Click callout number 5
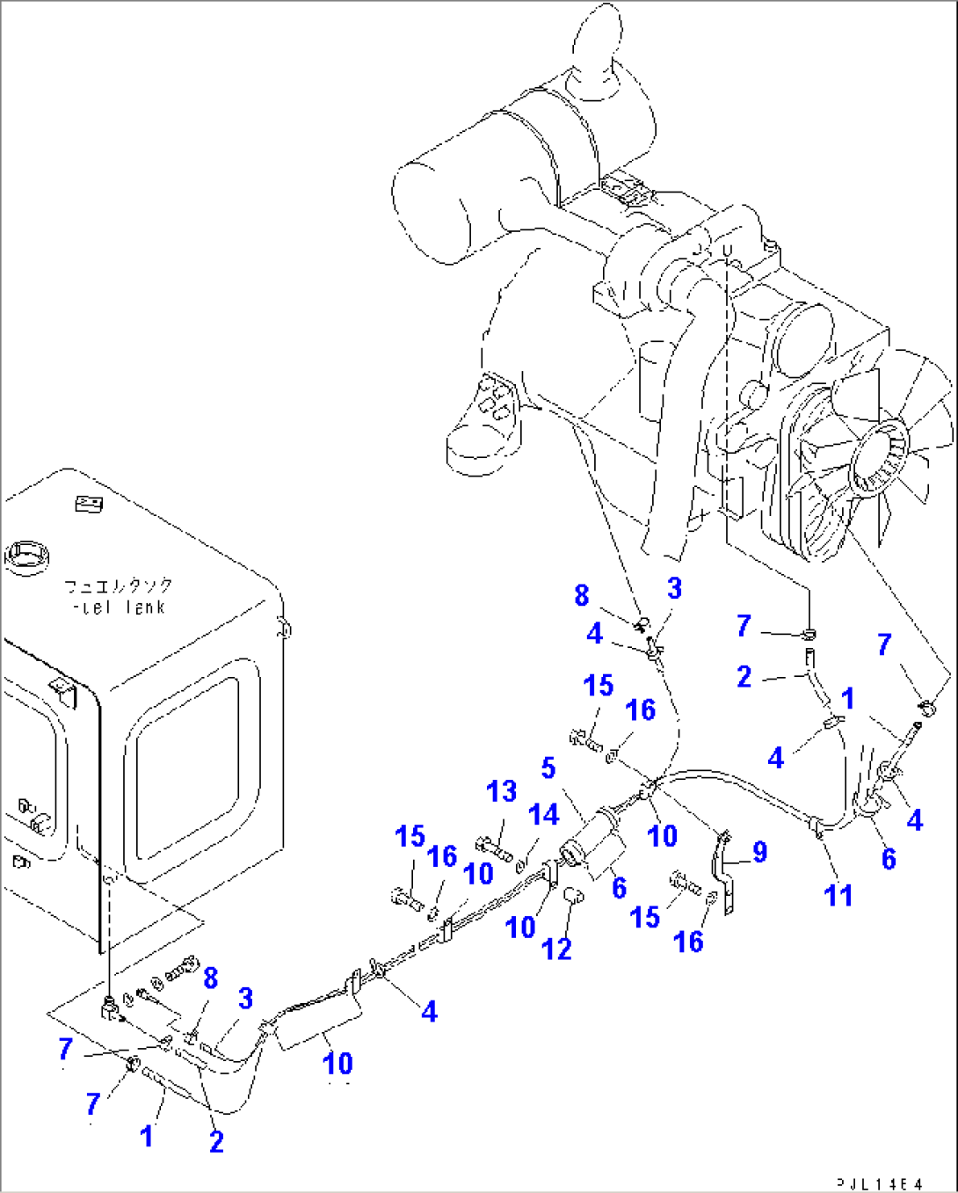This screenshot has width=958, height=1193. tap(548, 768)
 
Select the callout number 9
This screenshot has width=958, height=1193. tap(759, 851)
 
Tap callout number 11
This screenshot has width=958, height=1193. tap(838, 895)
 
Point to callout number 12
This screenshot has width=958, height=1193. tap(557, 949)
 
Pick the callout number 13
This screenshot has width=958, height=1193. tap(502, 791)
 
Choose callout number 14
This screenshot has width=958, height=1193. tap(544, 815)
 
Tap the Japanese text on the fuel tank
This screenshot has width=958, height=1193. tap(119, 586)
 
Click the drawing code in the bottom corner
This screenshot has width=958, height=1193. tap(880, 1183)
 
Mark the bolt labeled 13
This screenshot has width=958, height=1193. tap(493, 848)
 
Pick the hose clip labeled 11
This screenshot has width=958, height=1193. tap(817, 826)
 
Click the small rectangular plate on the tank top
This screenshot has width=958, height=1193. tap(90, 504)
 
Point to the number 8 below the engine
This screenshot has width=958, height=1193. tap(582, 595)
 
